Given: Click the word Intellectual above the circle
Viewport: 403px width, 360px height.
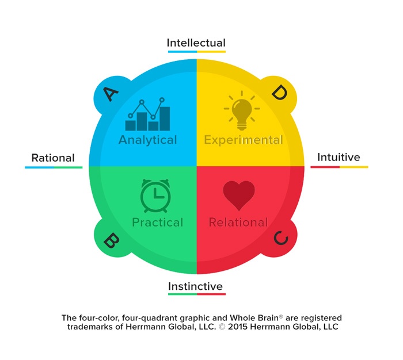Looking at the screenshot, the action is [x=196, y=43].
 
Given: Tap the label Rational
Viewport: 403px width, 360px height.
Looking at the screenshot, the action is [x=53, y=158].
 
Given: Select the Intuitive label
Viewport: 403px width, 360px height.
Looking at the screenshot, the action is [x=339, y=157].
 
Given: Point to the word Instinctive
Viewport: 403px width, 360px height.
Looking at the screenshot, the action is [x=195, y=286].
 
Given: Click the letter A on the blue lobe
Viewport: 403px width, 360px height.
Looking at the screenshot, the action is [x=111, y=94].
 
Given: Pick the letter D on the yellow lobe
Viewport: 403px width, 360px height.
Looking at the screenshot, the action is [x=280, y=93].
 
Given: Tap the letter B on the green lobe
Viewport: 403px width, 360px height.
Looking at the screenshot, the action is [x=111, y=240].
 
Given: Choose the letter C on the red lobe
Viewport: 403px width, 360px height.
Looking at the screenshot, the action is [x=281, y=238].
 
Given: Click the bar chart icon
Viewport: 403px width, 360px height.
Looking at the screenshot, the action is [x=147, y=114].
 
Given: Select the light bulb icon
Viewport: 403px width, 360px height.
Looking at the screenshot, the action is [x=242, y=110].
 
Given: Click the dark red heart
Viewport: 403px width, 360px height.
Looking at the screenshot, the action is [x=239, y=195].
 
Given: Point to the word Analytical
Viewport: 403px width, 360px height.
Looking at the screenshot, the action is [x=148, y=140].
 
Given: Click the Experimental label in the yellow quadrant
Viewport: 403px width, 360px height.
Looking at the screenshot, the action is [x=244, y=140].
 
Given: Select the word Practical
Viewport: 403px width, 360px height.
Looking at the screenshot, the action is [x=158, y=223].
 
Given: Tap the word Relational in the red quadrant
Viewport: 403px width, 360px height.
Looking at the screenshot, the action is [x=238, y=223].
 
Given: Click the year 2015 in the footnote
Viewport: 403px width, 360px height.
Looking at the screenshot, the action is [x=238, y=327].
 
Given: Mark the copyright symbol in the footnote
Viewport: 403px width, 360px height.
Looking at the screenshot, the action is [x=222, y=327].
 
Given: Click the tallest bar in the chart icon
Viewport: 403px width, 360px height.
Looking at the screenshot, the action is [x=165, y=118].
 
